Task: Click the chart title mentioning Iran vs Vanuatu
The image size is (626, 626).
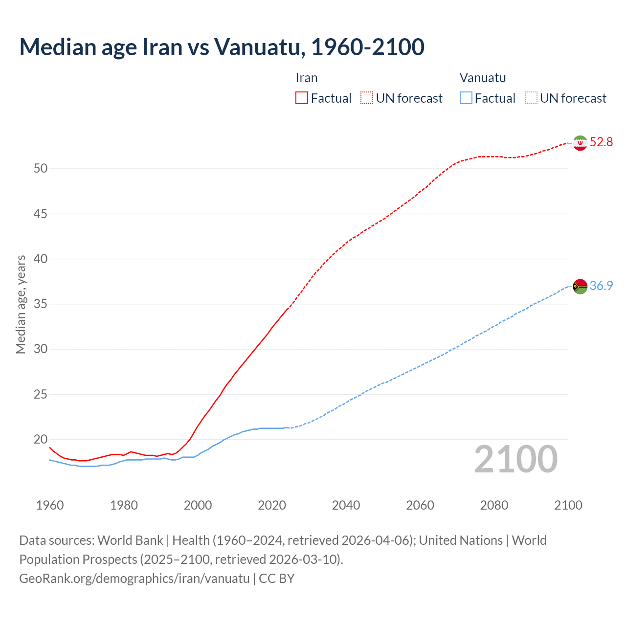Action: click(x=222, y=47)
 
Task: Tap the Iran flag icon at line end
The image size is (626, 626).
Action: click(x=580, y=143)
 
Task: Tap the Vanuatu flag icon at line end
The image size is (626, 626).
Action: click(x=580, y=286)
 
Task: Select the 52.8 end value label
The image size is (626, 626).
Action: click(x=601, y=142)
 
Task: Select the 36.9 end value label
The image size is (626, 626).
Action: click(x=601, y=286)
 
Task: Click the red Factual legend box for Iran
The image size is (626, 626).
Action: click(x=302, y=98)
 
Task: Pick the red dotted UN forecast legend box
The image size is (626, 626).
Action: click(x=367, y=98)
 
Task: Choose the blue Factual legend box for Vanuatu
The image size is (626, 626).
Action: click(x=466, y=98)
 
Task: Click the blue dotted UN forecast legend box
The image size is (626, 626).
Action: click(x=531, y=98)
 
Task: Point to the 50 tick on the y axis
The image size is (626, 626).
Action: click(x=41, y=169)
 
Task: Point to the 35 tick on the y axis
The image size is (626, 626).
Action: click(x=41, y=304)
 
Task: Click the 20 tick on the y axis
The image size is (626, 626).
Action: click(x=41, y=440)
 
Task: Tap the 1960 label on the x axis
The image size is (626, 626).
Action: click(x=50, y=505)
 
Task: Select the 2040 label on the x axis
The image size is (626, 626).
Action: click(x=346, y=505)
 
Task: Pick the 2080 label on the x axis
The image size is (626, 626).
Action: click(x=494, y=505)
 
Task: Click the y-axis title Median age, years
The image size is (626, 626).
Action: click(x=21, y=304)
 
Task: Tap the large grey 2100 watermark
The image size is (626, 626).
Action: click(x=515, y=459)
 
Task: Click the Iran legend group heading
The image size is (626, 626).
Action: click(x=307, y=78)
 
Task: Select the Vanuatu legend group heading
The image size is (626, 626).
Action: click(x=483, y=78)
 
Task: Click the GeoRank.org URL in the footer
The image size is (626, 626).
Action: click(x=134, y=579)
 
